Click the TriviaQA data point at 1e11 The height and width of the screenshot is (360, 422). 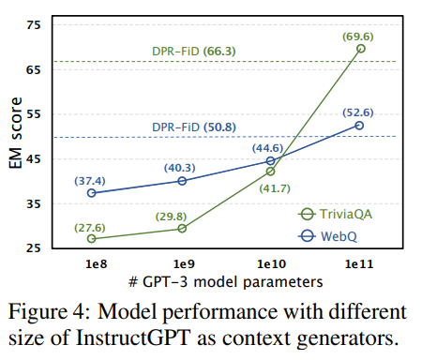(361, 48)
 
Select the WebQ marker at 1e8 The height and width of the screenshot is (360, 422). (92, 193)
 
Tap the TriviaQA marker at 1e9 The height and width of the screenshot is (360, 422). (182, 229)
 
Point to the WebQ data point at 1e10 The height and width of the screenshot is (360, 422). (271, 161)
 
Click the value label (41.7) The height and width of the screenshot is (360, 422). (271, 188)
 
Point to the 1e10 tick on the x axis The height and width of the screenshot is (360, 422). (271, 265)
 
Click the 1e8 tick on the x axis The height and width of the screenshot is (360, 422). (92, 265)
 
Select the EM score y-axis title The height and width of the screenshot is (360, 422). (13, 135)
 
